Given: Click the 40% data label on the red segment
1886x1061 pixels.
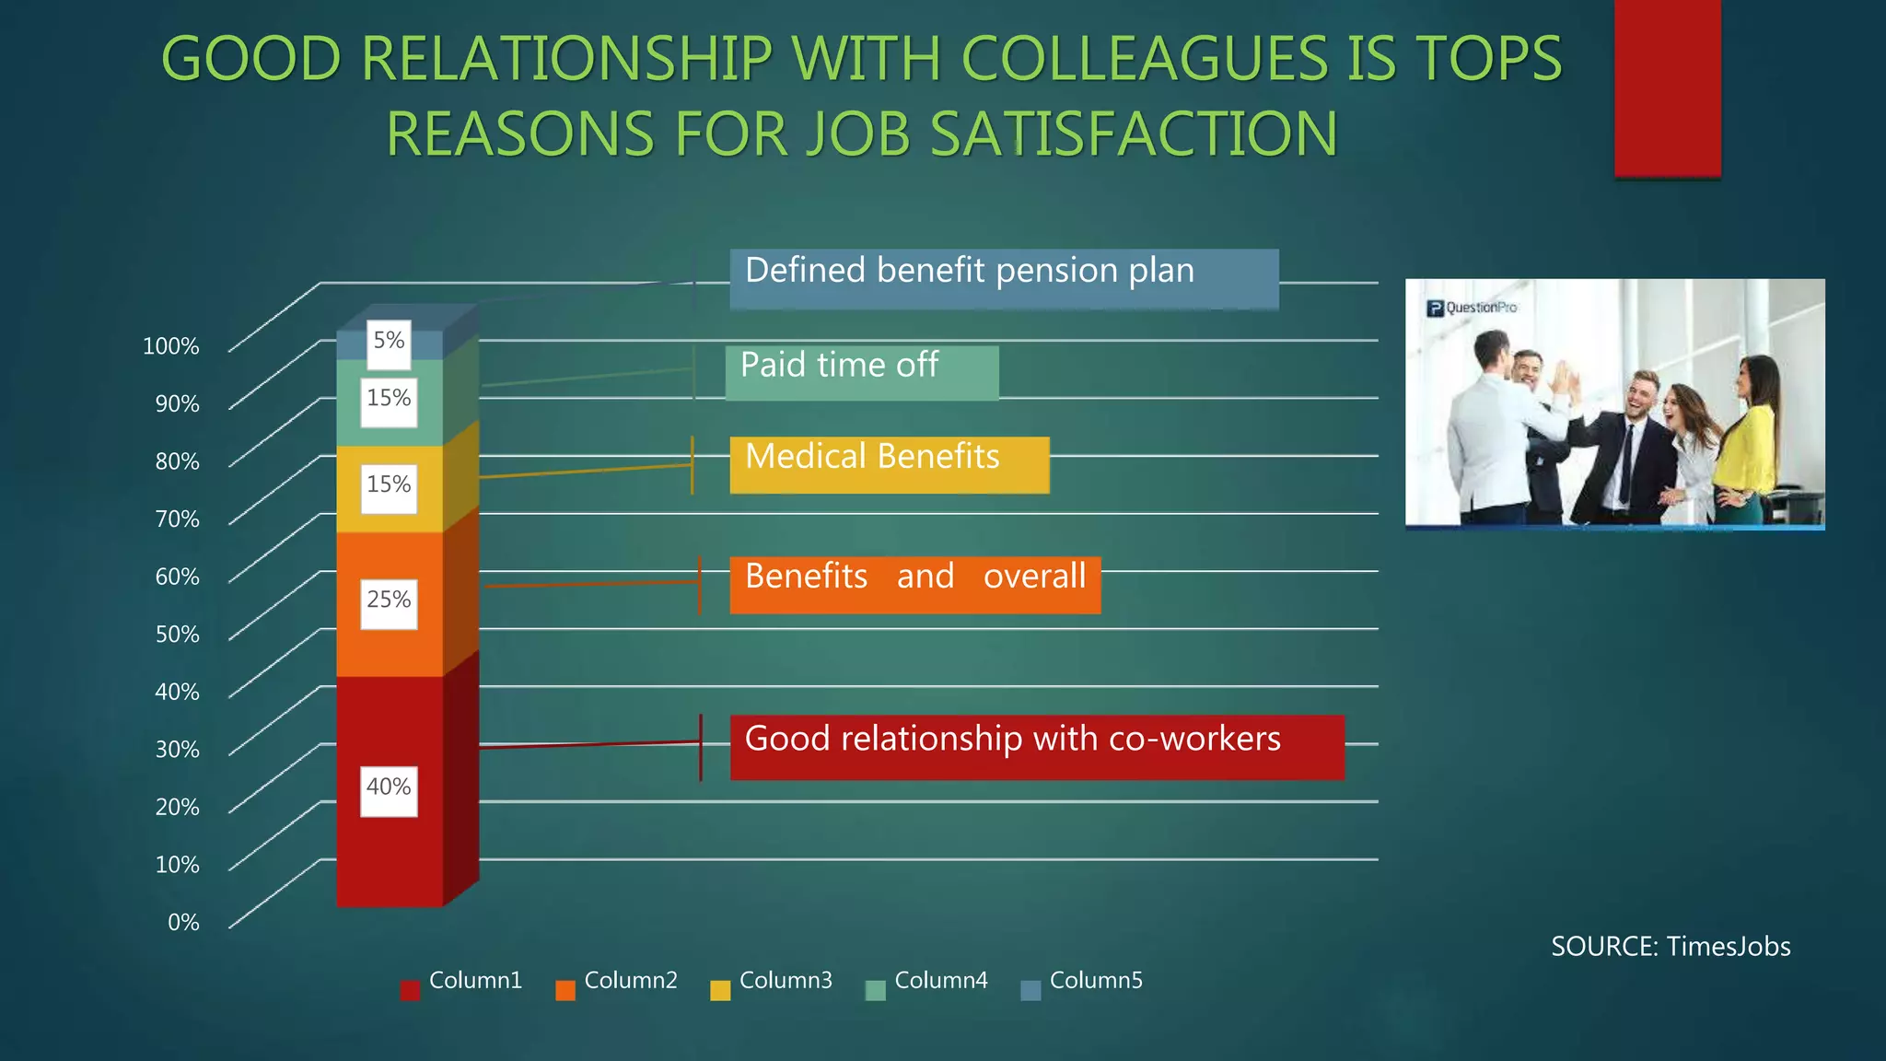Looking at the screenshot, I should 389,790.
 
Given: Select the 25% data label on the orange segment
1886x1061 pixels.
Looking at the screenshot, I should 389,603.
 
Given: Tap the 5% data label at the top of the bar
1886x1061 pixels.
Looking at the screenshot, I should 389,343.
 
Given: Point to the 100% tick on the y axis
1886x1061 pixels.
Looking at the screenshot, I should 171,346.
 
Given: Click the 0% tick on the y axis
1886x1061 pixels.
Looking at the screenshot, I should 183,922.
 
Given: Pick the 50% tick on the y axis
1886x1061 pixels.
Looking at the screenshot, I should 177,635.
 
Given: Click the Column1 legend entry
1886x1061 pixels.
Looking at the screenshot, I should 461,983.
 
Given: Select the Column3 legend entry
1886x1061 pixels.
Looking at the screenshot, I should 772,983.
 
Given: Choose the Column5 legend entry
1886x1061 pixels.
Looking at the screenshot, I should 1082,983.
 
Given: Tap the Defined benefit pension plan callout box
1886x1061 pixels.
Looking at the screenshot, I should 1004,277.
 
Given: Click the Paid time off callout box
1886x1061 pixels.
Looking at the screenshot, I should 861,372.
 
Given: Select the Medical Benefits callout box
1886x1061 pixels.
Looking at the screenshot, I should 889,464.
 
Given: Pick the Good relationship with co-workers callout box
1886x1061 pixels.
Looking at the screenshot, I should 1037,746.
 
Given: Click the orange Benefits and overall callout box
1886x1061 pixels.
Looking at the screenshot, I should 914,584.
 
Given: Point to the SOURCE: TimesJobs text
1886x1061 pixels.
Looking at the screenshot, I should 1670,947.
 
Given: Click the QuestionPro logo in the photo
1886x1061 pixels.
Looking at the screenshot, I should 1472,308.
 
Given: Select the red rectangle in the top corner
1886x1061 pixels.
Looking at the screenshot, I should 1667,87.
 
